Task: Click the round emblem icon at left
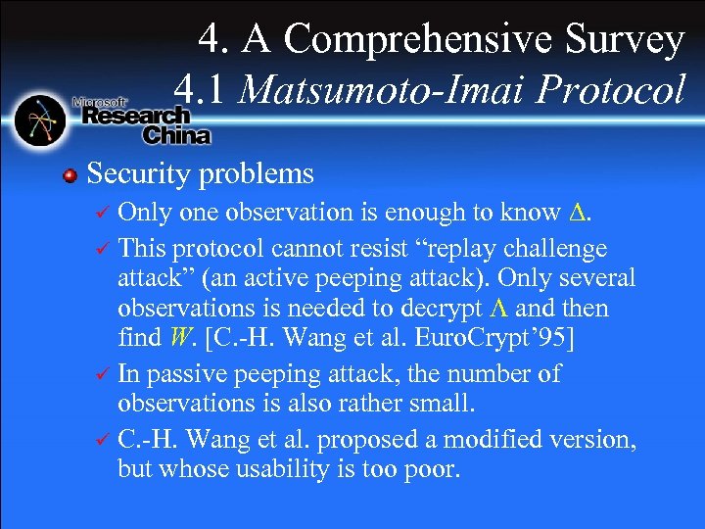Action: point(39,120)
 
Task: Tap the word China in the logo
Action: point(177,134)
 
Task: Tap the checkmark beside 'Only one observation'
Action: point(103,214)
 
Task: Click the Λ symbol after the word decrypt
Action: point(498,309)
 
